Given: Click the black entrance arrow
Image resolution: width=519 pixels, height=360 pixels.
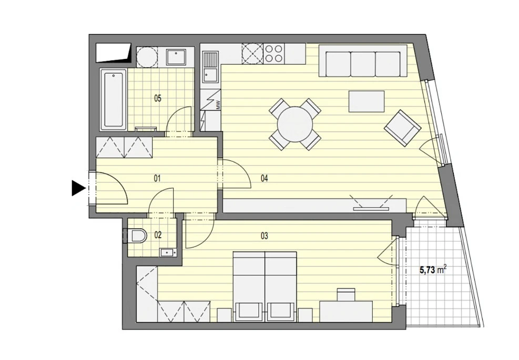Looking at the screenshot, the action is click(78, 189).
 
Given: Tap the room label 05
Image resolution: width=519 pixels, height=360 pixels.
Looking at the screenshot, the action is click(158, 98).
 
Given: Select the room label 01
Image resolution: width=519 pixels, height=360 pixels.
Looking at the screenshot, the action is click(157, 179).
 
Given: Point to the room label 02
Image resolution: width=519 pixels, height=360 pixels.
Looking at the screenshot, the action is click(158, 235).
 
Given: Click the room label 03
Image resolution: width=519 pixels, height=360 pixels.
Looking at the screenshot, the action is click(264, 236).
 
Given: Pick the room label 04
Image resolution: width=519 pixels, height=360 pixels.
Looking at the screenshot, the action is click(264, 179).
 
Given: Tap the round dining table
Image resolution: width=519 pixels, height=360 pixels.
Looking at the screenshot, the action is click(295, 124).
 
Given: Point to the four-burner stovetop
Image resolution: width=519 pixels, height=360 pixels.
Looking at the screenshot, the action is click(273, 54).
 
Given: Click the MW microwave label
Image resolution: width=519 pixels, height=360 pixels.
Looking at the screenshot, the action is click(218, 105).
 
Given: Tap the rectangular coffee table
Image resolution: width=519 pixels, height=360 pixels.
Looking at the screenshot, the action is click(367, 101).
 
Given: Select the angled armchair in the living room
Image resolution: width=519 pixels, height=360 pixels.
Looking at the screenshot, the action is click(402, 128).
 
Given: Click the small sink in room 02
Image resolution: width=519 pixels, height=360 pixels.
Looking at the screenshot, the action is click(168, 252).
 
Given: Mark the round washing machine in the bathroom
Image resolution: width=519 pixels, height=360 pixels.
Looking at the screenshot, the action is click(146, 56).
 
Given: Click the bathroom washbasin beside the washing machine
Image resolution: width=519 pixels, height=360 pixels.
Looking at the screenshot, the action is click(176, 57).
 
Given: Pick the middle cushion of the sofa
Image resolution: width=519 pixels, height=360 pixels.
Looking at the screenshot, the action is click(363, 64).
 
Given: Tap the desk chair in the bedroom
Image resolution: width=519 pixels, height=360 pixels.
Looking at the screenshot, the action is click(346, 294).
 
